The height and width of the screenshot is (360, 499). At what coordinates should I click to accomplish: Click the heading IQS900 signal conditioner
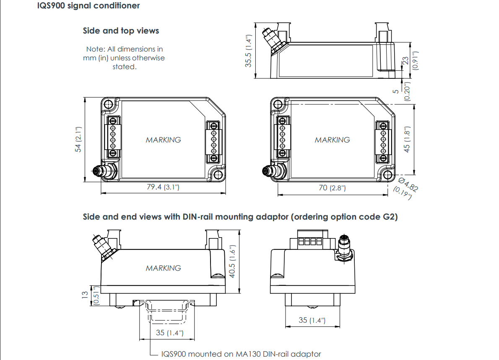pos(88,6)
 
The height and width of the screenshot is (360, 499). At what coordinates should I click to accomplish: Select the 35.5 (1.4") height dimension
pos(249,51)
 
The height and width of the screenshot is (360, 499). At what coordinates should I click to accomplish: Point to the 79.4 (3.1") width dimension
pos(163,187)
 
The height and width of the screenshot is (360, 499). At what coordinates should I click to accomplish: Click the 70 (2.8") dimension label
pos(332,188)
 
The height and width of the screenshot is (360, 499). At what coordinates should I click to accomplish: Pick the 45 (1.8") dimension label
pos(406,139)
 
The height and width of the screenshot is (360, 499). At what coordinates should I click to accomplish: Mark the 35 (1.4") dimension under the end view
pos(312,320)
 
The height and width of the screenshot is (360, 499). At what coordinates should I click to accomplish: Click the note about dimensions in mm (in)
pos(124,58)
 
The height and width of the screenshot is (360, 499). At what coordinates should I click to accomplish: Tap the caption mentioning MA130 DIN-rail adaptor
pos(241,354)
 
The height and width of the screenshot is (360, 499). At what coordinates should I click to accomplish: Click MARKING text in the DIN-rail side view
pos(164,268)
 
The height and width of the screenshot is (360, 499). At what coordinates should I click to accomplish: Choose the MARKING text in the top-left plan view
pos(164,140)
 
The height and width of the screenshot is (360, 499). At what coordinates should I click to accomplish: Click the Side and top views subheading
pos(121,31)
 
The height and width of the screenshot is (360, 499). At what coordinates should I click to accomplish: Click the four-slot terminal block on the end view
pos(309,242)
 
